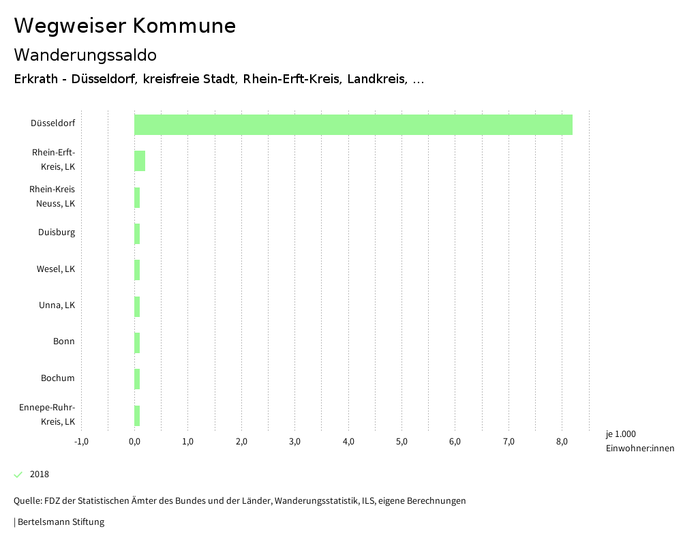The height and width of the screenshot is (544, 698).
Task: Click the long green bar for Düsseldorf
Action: pyautogui.click(x=353, y=125)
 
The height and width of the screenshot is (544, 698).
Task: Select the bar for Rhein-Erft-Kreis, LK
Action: pyautogui.click(x=140, y=161)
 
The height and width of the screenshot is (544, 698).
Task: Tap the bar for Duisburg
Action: pyautogui.click(x=137, y=234)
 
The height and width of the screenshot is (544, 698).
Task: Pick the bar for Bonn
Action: pyautogui.click(x=137, y=343)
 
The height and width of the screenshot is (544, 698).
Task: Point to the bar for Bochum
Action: pyautogui.click(x=137, y=379)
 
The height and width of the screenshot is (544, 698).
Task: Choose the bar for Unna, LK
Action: pyautogui.click(x=137, y=307)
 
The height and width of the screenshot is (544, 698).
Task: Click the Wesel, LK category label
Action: pyautogui.click(x=56, y=269)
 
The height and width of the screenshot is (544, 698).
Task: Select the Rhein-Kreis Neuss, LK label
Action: pyautogui.click(x=52, y=196)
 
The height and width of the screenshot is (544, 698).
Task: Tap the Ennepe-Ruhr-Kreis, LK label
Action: pyautogui.click(x=48, y=414)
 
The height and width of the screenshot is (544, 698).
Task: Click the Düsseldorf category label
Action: pyautogui.click(x=52, y=123)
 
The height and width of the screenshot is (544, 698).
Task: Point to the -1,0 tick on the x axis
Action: pyautogui.click(x=81, y=442)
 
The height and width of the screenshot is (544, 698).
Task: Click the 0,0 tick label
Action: pyautogui.click(x=134, y=442)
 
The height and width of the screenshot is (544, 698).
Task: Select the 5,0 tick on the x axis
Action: pyautogui.click(x=401, y=442)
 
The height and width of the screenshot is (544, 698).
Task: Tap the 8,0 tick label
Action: pyautogui.click(x=562, y=442)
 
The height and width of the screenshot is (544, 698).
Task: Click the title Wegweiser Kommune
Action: pyautogui.click(x=125, y=26)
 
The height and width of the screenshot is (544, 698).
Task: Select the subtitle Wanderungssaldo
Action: pyautogui.click(x=85, y=55)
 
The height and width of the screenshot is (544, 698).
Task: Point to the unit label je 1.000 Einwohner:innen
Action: pyautogui.click(x=639, y=441)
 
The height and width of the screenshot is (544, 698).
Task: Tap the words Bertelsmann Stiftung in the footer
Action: pyautogui.click(x=61, y=522)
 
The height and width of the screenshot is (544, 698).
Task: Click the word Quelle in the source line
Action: pyautogui.click(x=27, y=501)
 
